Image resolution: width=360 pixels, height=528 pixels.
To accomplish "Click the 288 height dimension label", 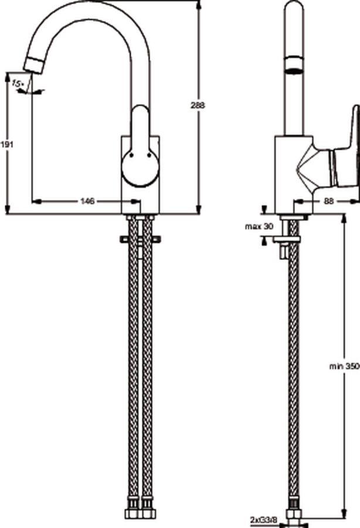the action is coord(198,106).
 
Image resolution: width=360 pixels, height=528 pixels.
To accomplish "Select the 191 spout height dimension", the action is coord(6,144).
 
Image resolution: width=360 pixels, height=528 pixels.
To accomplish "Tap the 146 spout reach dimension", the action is coord(87,201).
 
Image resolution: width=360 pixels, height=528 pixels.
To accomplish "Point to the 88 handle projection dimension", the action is coord(328,201).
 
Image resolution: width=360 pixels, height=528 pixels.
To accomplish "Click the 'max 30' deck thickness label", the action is coord(259,226).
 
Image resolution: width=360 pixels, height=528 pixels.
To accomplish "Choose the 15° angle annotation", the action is coord(17,83).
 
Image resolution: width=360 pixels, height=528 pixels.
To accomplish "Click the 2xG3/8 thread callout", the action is coord(264,520).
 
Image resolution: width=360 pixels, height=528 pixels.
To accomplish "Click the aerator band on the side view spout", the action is coord(294,66).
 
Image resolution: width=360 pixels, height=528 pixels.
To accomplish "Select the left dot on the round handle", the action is coord(131,155).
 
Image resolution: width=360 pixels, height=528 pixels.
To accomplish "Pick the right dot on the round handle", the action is coord(149,155).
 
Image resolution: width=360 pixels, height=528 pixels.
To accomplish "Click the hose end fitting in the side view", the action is coord(294,517).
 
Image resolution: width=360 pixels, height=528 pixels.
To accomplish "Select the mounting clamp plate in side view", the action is coord(286,239).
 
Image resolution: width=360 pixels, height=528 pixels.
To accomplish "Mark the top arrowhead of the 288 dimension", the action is coord(199,5).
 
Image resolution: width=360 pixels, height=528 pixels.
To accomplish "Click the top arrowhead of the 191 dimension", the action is coord(7,77).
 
